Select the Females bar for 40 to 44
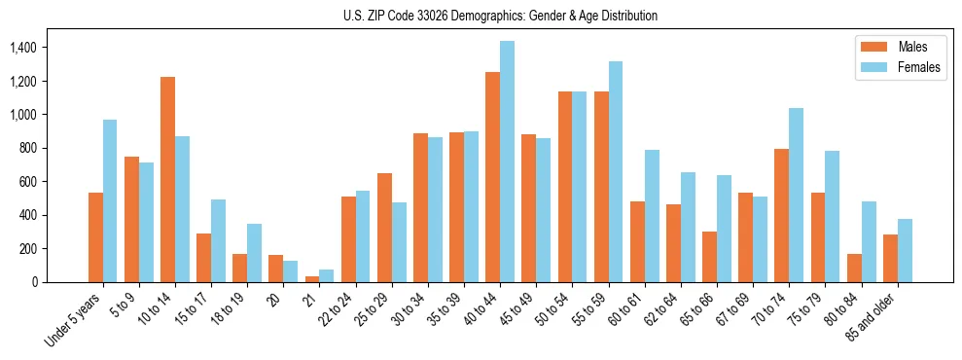(507, 162)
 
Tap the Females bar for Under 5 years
(110, 200)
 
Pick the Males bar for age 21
(312, 279)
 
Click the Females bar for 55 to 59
(616, 171)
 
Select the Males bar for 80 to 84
(854, 268)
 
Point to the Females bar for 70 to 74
(796, 195)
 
